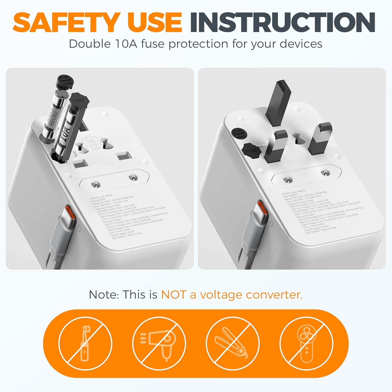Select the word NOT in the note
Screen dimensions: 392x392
tap(173, 295)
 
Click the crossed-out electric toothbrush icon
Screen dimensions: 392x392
tap(85, 343)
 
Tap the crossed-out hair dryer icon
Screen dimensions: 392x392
tap(159, 343)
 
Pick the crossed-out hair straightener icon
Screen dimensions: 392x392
tap(233, 343)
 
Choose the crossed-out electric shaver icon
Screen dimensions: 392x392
tap(306, 343)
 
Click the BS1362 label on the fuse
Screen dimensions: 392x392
tap(54, 118)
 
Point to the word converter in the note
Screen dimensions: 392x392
tap(274, 295)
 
